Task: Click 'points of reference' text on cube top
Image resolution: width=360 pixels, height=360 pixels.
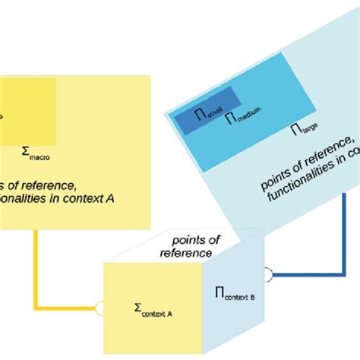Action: (x=190, y=245)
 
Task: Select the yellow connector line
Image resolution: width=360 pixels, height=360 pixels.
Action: (x=36, y=266)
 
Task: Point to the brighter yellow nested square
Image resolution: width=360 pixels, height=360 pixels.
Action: (x=23, y=110)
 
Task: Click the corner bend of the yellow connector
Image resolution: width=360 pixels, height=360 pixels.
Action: (x=36, y=308)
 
